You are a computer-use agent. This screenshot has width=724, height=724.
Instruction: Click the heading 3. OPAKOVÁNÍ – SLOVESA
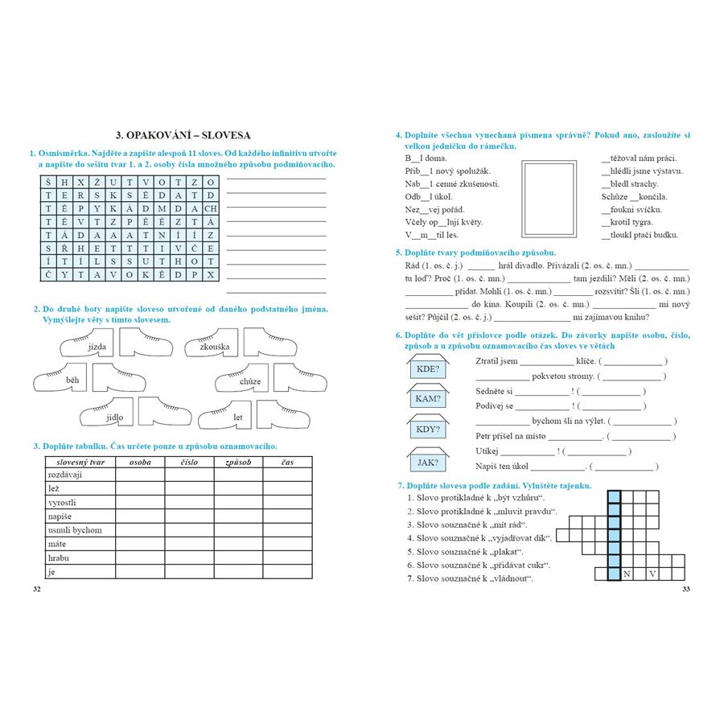[183, 135]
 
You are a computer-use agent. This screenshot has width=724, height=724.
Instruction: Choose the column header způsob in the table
[239, 463]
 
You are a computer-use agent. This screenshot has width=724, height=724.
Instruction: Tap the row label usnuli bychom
[75, 530]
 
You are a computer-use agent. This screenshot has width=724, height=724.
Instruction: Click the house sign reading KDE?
[428, 369]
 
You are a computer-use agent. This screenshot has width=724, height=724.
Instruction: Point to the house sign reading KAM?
[428, 398]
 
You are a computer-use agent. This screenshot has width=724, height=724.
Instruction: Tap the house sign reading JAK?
[428, 463]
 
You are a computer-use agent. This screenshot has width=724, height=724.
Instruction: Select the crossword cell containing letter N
[628, 574]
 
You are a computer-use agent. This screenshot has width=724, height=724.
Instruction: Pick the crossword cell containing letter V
[653, 574]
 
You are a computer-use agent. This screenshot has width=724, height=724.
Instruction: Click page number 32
[35, 590]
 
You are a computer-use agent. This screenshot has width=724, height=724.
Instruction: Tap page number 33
[685, 590]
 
